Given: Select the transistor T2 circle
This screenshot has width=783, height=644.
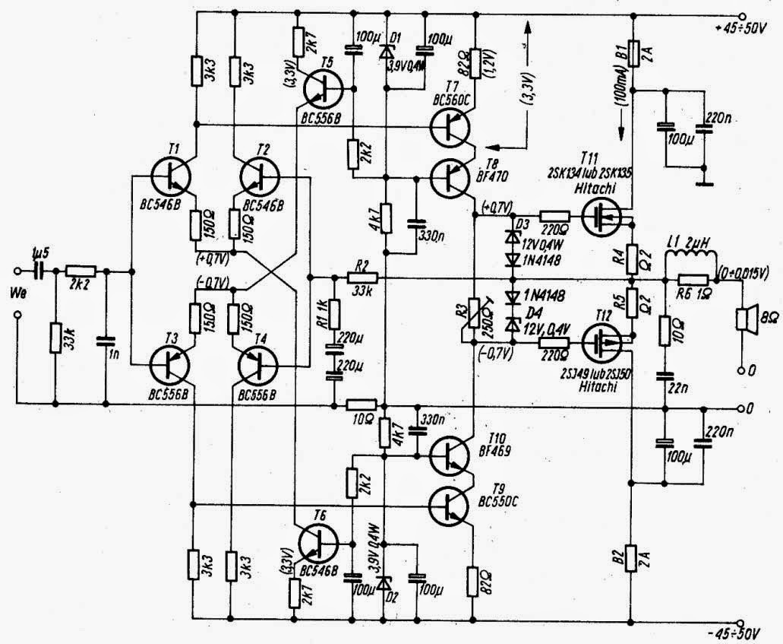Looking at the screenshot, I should [x=260, y=176].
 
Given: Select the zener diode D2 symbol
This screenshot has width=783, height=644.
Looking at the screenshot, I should [x=386, y=582].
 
